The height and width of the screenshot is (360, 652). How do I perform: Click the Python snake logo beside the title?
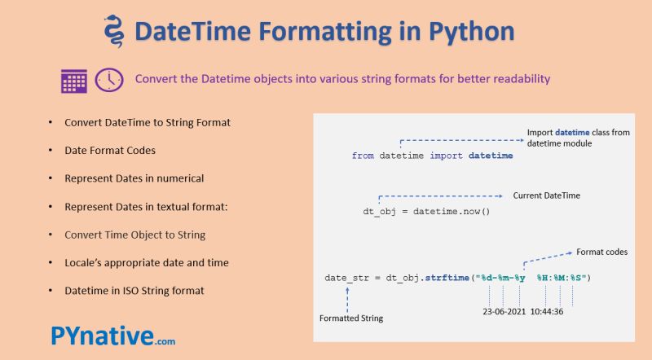pos(113,32)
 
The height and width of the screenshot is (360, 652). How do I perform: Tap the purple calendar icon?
pos(74,80)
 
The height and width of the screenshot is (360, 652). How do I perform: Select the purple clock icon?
pos(109,79)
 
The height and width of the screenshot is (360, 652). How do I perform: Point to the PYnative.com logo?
pos(112,336)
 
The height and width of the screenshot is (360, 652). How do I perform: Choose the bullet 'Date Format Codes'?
pos(110,150)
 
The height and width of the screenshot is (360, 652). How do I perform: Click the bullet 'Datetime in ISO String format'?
pos(134,290)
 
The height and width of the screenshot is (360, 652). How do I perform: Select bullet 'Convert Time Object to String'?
pos(134,235)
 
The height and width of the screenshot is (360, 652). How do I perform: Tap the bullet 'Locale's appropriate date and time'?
pos(146,262)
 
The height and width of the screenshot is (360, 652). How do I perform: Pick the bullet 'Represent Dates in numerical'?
pos(134,178)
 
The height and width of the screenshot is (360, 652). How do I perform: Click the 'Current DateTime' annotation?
pos(550,196)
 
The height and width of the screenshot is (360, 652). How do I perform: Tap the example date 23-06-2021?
pos(503,310)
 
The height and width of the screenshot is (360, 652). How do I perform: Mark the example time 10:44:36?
pos(552,310)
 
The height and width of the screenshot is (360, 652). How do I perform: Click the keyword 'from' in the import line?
pos(363,155)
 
